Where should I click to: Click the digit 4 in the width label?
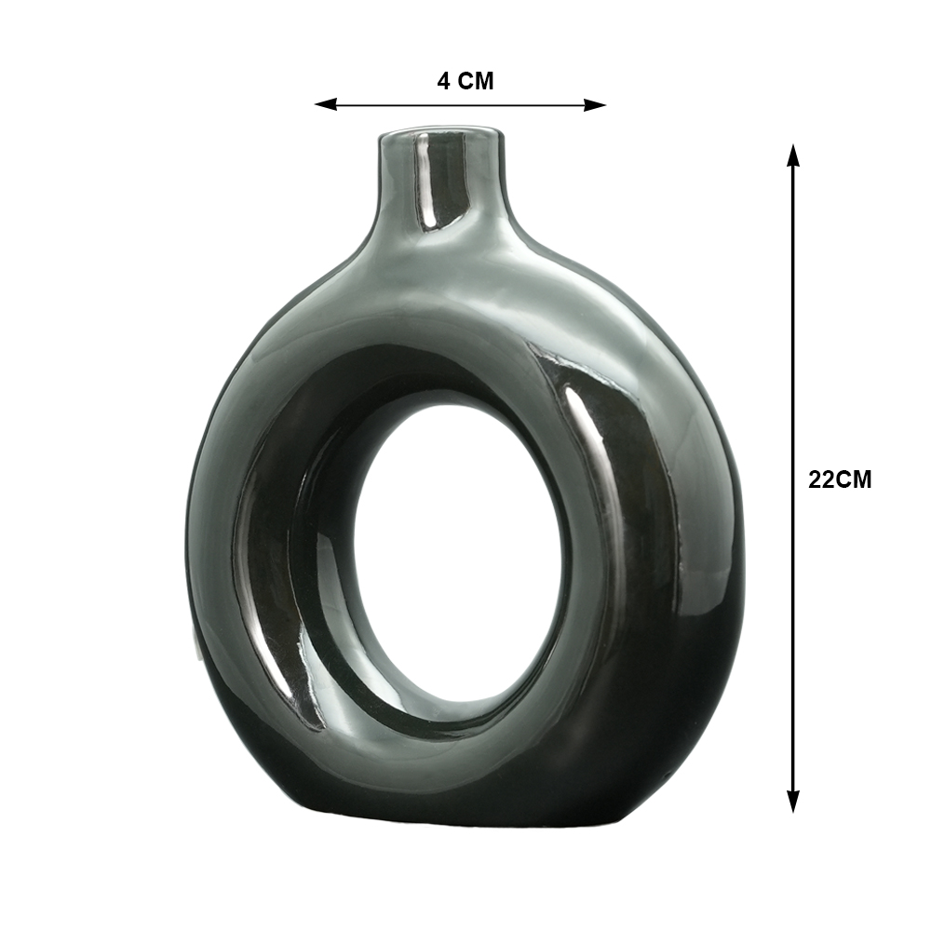click(x=443, y=81)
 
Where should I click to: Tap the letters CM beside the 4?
click(x=476, y=81)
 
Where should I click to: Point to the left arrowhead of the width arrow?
click(x=325, y=104)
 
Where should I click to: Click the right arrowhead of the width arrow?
click(x=595, y=105)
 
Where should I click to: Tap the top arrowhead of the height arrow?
click(x=792, y=155)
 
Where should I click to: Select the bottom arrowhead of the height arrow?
click(x=792, y=802)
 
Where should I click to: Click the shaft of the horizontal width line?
click(x=460, y=105)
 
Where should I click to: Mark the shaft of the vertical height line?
click(x=792, y=478)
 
